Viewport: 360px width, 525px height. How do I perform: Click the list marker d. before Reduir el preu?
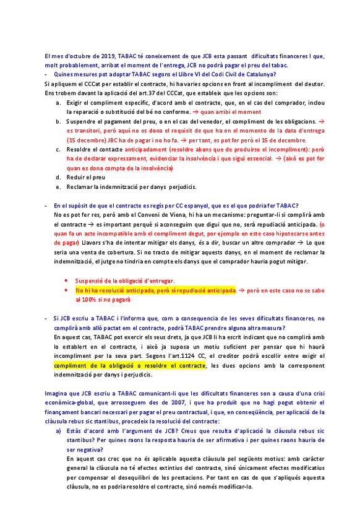(x=58, y=160)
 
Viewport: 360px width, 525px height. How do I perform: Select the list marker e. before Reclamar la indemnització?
(x=58, y=169)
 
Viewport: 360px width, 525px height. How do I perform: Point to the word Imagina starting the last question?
(x=58, y=394)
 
